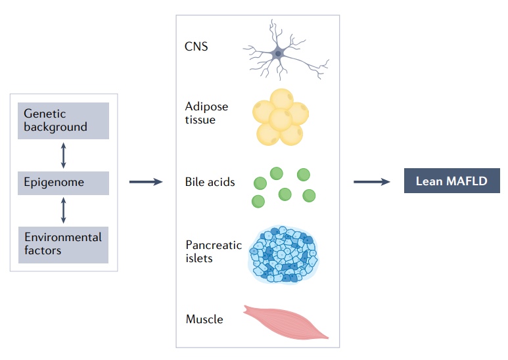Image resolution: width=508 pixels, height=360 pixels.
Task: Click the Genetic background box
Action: (x=63, y=120)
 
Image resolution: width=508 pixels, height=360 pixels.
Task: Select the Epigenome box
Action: (x=63, y=183)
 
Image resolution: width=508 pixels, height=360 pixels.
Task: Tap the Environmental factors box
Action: (x=63, y=243)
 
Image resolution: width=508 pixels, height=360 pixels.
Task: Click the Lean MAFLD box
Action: (x=451, y=181)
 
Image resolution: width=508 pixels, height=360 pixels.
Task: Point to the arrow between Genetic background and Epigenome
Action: (x=63, y=154)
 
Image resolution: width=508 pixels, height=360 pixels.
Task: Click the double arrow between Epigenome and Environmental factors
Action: (x=63, y=210)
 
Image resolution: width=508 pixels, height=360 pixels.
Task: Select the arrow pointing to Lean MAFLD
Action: (x=373, y=181)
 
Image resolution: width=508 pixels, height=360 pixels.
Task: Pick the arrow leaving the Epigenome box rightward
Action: (x=145, y=182)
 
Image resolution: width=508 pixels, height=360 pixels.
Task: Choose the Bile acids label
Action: (x=210, y=182)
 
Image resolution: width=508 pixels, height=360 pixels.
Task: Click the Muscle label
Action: (x=204, y=320)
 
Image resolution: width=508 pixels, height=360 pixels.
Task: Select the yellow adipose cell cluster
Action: (x=281, y=117)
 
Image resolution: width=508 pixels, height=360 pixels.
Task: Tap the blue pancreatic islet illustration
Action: (x=283, y=254)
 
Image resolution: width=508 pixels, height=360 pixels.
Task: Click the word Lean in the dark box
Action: (x=428, y=181)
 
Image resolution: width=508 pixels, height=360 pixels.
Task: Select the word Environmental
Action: (x=63, y=237)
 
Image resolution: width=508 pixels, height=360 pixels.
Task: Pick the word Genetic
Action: (x=45, y=114)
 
